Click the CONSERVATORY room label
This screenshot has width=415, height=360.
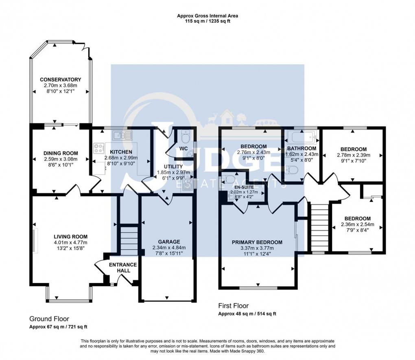(60, 79)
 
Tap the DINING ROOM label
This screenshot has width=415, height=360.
(61, 153)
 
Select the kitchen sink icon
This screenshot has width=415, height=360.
(122, 136)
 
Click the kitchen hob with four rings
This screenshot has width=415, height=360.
(99, 148)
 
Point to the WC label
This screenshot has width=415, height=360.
(183, 148)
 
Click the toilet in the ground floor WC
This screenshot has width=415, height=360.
(184, 136)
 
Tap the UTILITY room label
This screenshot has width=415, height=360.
(173, 167)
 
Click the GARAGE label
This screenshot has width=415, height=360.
(169, 241)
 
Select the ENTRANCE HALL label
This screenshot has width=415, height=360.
(123, 268)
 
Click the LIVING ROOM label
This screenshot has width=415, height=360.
(70, 237)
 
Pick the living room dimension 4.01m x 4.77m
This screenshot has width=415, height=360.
(70, 242)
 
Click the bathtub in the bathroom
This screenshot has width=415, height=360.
(301, 137)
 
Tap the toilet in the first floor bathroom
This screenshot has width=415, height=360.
(292, 169)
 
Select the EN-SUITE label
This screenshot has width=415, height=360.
(238, 187)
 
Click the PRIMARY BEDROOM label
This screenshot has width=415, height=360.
(257, 242)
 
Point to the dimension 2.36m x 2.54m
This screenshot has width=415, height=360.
(357, 224)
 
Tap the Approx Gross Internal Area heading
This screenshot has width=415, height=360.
(207, 16)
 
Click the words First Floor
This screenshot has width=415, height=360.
(234, 306)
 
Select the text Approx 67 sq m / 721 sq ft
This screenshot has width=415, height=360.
(58, 327)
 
